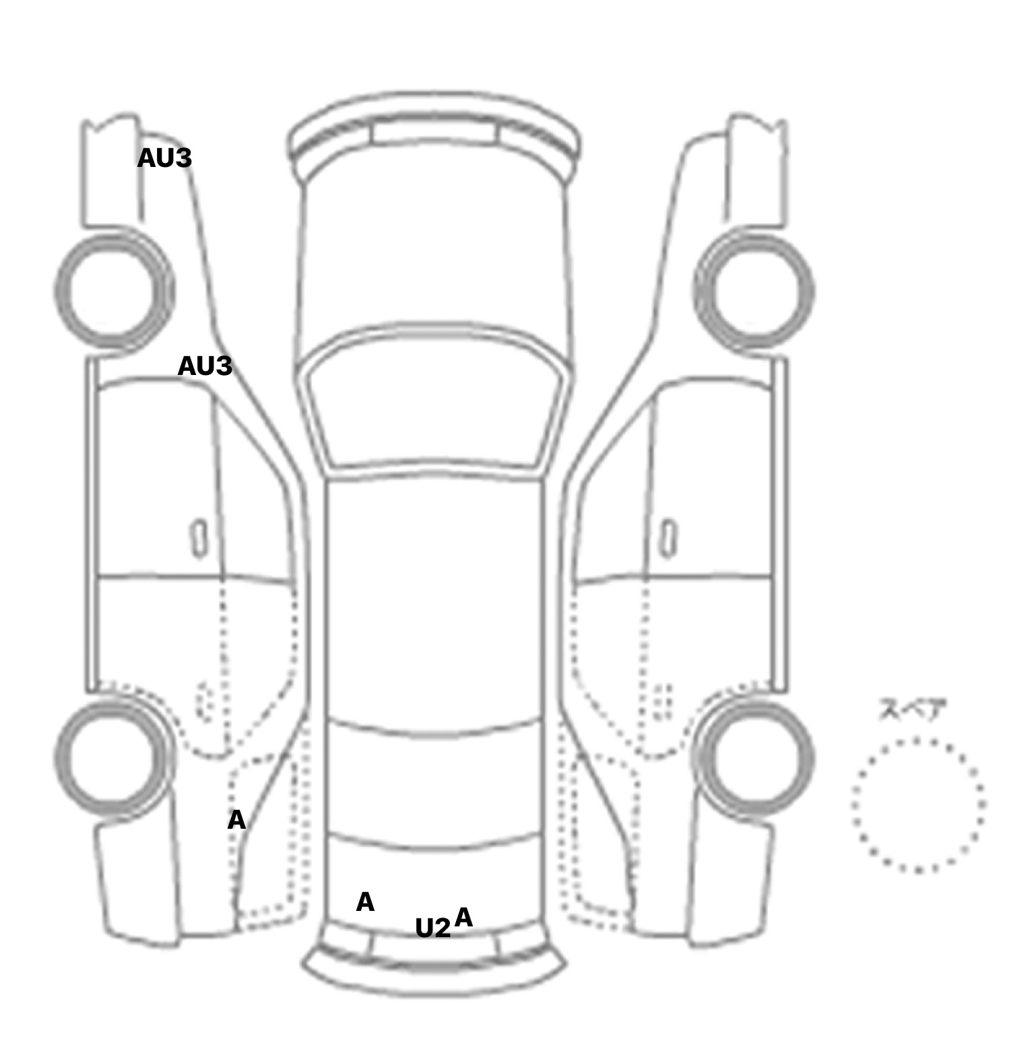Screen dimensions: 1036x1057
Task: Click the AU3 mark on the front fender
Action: tap(164, 158)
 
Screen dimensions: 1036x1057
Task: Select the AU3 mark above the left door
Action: tap(204, 366)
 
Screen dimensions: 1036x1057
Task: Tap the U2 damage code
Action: tap(432, 928)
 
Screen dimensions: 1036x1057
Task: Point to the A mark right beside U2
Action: tap(463, 917)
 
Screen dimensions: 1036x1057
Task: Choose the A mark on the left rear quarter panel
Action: tap(236, 820)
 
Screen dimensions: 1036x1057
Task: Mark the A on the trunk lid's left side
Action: tap(365, 902)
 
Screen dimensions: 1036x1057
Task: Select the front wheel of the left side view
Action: tap(114, 292)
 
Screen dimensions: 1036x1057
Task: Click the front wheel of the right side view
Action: tap(754, 292)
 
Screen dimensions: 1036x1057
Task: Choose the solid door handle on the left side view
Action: tap(199, 539)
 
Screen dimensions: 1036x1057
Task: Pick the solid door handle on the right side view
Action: tap(669, 539)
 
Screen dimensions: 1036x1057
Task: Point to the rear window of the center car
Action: tap(434, 784)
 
